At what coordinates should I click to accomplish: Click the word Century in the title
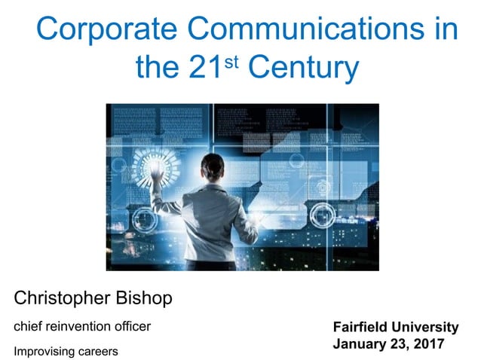point(302,69)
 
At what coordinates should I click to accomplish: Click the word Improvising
point(44,351)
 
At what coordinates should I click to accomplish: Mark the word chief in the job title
point(28,327)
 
